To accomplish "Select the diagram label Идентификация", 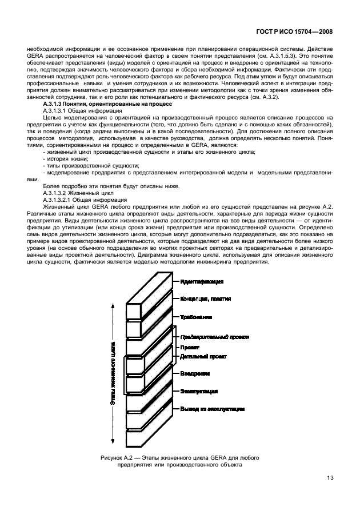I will (x=201, y=282).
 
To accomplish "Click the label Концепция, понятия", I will (x=206, y=299).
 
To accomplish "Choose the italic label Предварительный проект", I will (x=214, y=337).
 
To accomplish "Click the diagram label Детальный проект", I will (x=203, y=356).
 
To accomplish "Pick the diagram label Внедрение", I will (x=195, y=373).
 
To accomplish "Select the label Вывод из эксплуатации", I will (x=213, y=409).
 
